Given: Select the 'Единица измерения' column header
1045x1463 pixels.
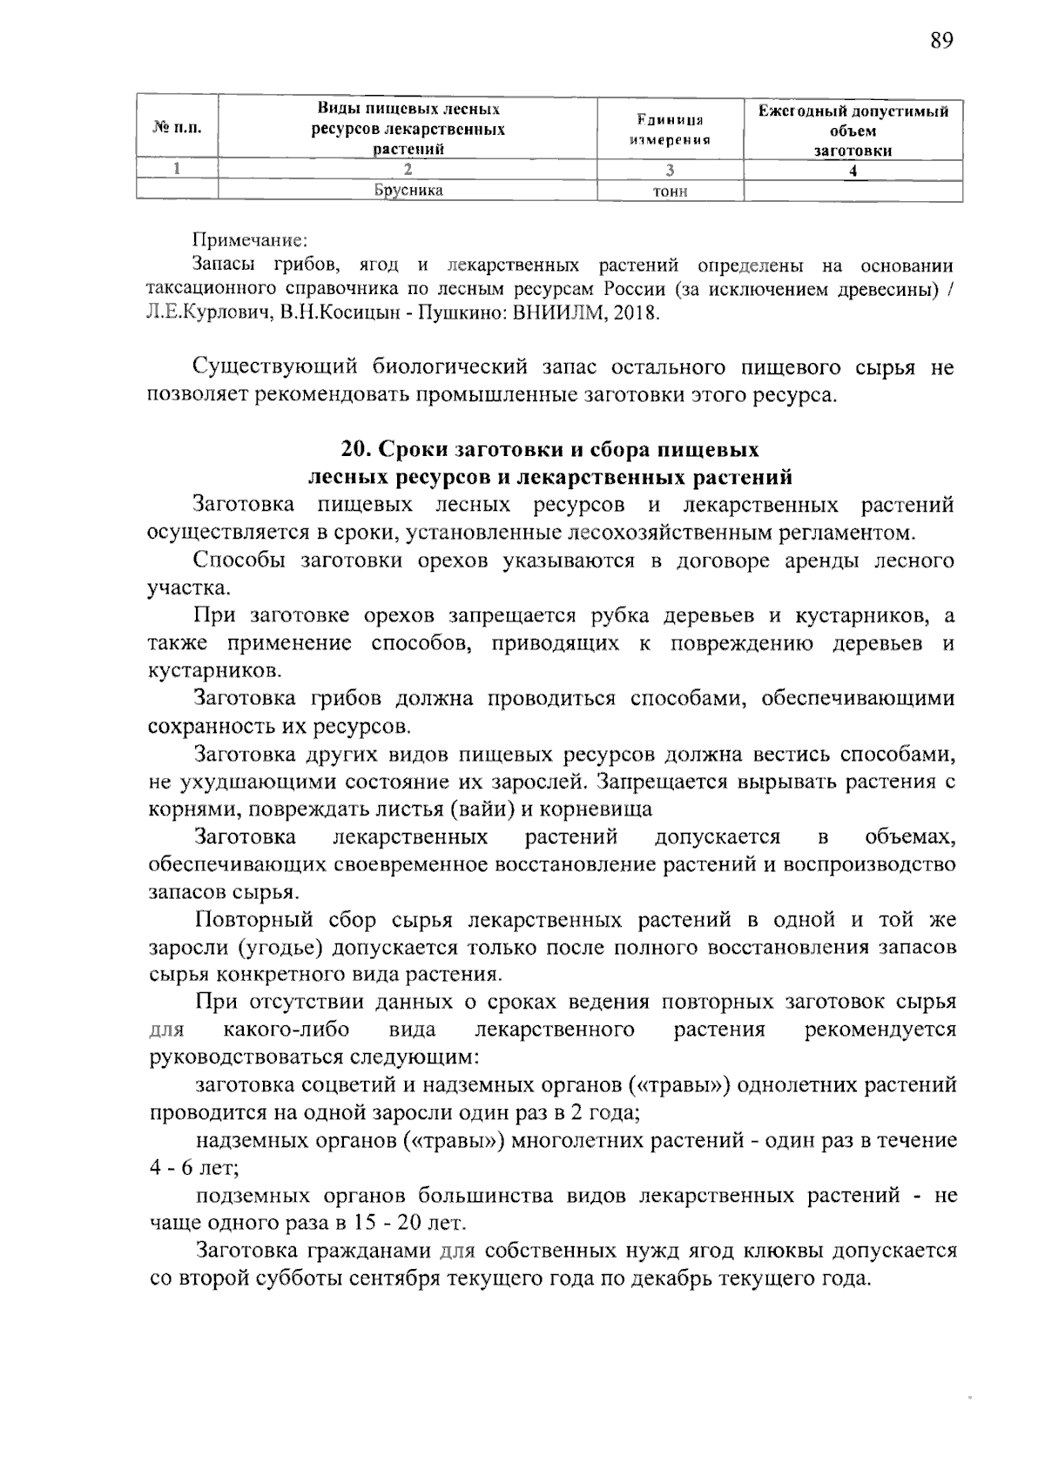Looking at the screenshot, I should tap(670, 129).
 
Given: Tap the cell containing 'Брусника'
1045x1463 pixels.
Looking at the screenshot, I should tap(408, 191).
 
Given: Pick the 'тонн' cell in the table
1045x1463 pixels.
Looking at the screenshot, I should tap(670, 191).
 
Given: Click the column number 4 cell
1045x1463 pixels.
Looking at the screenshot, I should tap(853, 171).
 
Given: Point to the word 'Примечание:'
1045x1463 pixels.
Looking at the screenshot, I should tap(250, 238).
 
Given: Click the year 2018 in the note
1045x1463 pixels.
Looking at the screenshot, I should tap(637, 313).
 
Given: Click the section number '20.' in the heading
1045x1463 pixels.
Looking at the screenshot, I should tap(356, 449).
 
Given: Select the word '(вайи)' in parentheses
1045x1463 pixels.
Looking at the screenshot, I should tap(483, 809).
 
